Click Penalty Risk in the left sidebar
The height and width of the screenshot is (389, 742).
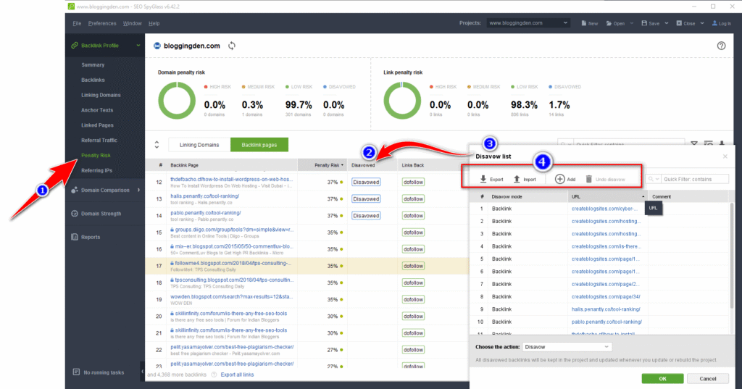[x=96, y=155]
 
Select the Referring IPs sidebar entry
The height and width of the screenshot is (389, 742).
[x=96, y=170]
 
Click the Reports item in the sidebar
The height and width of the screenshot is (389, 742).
[x=91, y=237]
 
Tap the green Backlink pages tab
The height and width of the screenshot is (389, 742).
[x=259, y=145]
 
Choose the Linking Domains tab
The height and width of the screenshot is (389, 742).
[x=199, y=145]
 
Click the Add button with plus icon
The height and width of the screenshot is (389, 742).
[x=565, y=179]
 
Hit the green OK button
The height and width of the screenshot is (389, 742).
[x=662, y=378]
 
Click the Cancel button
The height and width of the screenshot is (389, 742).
[x=702, y=378]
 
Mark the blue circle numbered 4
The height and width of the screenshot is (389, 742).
[x=543, y=161]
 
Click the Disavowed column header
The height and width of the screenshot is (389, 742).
[x=364, y=165]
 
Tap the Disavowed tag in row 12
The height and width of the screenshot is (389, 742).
[x=366, y=182]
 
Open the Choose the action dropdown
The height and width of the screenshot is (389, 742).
[x=566, y=347]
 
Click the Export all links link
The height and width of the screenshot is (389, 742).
[x=238, y=375]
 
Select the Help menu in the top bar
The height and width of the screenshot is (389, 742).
[x=154, y=23]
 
